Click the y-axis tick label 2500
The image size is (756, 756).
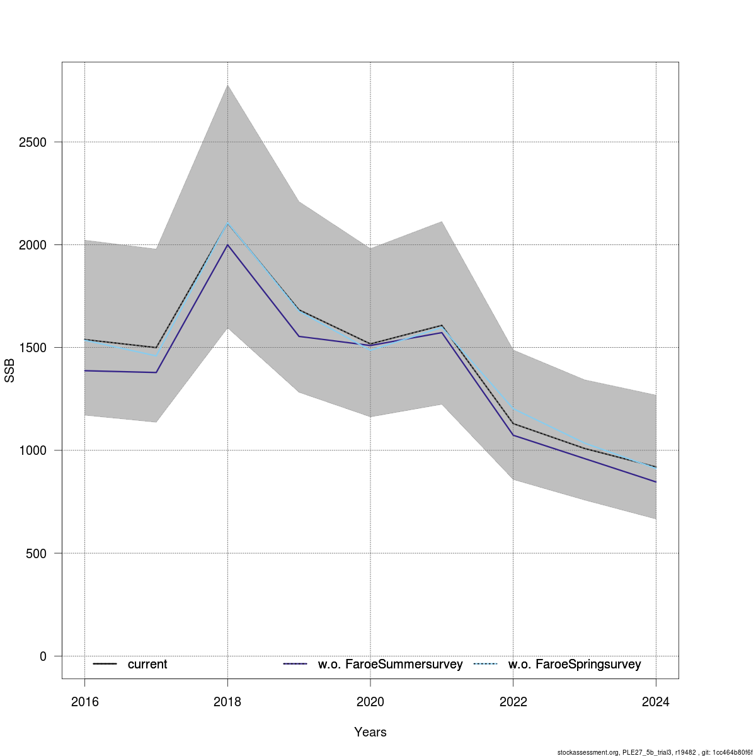pos(33,142)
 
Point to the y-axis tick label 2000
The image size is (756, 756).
pos(33,245)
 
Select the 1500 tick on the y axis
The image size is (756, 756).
pos(33,348)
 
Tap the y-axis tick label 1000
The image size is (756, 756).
pos(33,450)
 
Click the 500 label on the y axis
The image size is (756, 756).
pos(37,553)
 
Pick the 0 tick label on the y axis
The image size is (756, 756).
pos(43,656)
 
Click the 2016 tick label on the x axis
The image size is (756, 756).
pos(84,702)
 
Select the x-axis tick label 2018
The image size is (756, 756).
pos(227,702)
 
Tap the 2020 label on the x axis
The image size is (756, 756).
pos(370,702)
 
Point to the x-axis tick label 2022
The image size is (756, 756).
pos(513,702)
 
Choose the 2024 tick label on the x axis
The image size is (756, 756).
pos(656,702)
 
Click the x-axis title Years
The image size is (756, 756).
pos(370,732)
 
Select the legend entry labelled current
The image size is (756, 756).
pos(147,664)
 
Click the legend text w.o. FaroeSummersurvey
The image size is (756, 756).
pos(390,664)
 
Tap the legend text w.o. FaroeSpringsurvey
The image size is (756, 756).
pos(575,664)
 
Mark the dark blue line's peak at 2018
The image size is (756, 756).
pos(227,244)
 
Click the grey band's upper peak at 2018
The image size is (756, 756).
pos(227,85)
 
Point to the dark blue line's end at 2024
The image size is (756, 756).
pos(656,482)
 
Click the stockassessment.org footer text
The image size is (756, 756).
pos(655,752)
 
